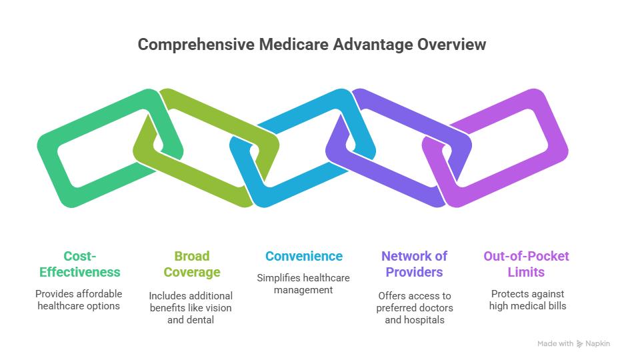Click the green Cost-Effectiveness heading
click(80, 264)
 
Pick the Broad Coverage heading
click(191, 264)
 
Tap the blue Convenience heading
click(304, 256)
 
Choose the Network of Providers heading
click(414, 264)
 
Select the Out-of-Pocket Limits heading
click(527, 264)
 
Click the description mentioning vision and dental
click(191, 307)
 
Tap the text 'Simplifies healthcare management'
click(304, 284)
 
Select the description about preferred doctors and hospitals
click(414, 307)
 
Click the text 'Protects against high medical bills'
click(527, 299)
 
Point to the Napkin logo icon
click(580, 344)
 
